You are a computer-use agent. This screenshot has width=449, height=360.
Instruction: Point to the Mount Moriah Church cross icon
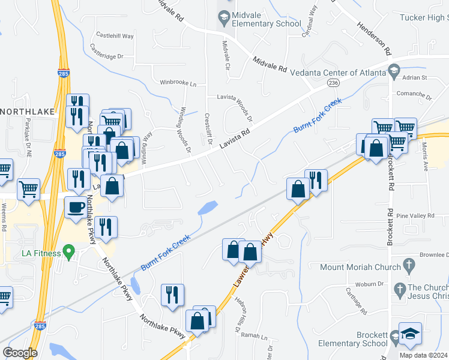[409, 264]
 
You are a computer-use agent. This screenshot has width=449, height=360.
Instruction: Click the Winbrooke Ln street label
[178, 83]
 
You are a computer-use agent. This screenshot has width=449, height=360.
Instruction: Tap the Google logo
[20, 352]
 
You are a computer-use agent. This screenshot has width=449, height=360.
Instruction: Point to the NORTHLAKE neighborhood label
[27, 112]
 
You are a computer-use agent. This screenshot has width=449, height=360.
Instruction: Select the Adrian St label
[415, 77]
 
